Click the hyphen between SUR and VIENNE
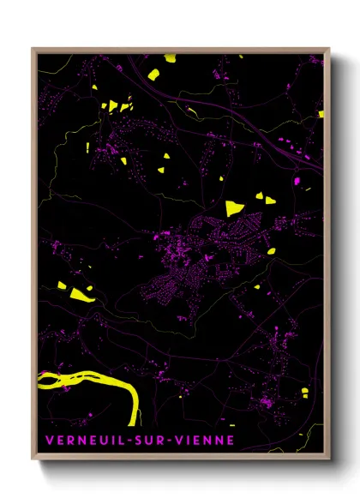pyautogui.click(x=166, y=441)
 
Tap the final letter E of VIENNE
pyautogui.click(x=229, y=441)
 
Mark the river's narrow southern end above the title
pyautogui.click(x=133, y=416)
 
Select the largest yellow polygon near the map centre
pyautogui.click(x=233, y=207)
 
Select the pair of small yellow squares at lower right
pyautogui.click(x=304, y=393)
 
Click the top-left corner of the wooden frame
pyautogui.click(x=33, y=49)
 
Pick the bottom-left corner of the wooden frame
pyautogui.click(x=33, y=459)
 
